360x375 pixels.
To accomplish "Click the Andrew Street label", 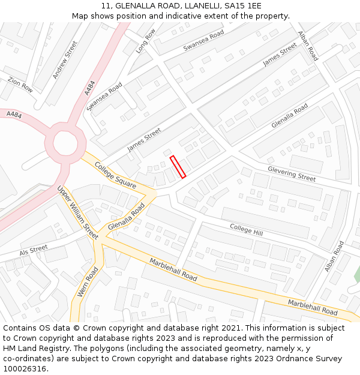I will pyautogui.click(x=65, y=59).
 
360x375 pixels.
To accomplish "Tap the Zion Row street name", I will pyautogui.click(x=20, y=84).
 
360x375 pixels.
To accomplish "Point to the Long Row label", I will pyautogui.click(x=146, y=41).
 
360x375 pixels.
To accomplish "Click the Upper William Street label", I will pyautogui.click(x=77, y=212).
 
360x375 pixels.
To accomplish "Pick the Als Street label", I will pyautogui.click(x=33, y=250).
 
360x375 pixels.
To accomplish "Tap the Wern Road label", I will pyautogui.click(x=88, y=282).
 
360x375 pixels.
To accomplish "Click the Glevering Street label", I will pyautogui.click(x=292, y=174).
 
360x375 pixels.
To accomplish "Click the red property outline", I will pyautogui.click(x=178, y=167).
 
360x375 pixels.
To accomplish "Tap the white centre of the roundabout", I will pyautogui.click(x=65, y=143).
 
